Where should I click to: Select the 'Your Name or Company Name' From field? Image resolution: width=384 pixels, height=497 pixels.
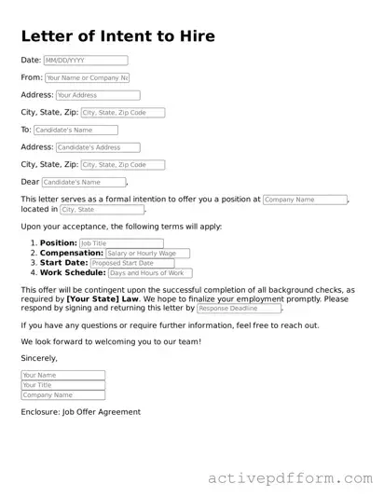[x=87, y=78]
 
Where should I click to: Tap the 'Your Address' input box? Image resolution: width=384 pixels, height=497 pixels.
[x=97, y=95]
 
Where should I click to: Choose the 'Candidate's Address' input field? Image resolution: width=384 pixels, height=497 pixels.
[x=97, y=147]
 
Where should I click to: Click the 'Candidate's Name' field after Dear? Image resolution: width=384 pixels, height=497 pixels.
[x=83, y=183]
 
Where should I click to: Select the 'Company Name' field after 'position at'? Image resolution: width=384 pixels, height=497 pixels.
[x=305, y=200]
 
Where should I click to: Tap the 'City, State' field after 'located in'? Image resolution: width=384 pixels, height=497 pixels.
[x=102, y=210]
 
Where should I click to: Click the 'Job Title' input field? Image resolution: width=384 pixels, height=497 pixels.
[x=121, y=243]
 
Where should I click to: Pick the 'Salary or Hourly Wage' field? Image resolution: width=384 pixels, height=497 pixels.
[x=147, y=254]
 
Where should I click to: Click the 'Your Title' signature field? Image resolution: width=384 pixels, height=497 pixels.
[x=62, y=385]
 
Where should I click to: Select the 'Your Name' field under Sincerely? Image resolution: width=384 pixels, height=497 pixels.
[x=62, y=376]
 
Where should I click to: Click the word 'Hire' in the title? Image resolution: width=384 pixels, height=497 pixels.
[x=191, y=36]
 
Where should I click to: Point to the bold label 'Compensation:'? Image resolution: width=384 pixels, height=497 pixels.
[x=72, y=254]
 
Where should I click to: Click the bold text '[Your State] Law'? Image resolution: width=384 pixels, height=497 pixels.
[x=103, y=298]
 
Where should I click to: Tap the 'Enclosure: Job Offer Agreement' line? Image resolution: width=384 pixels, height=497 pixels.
[x=80, y=411]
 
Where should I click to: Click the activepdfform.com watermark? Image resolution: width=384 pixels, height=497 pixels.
[x=290, y=478]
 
